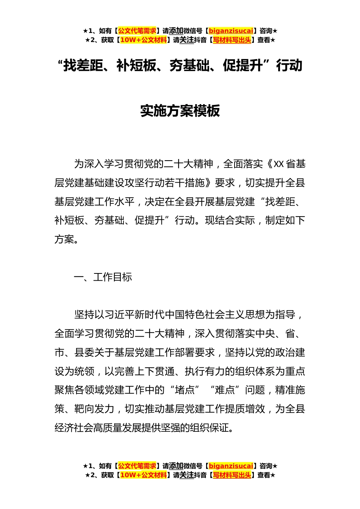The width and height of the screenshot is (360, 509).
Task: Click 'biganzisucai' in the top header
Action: click(231, 31)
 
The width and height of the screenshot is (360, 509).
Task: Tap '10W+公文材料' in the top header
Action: click(143, 40)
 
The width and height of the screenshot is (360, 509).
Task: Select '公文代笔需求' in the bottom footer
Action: click(137, 466)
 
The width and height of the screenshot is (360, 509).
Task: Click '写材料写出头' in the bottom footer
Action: click(232, 475)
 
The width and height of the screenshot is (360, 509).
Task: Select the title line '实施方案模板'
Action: click(180, 111)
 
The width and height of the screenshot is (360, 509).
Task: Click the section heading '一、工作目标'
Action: click(103, 277)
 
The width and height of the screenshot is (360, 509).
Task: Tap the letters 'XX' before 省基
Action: click(279, 164)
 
